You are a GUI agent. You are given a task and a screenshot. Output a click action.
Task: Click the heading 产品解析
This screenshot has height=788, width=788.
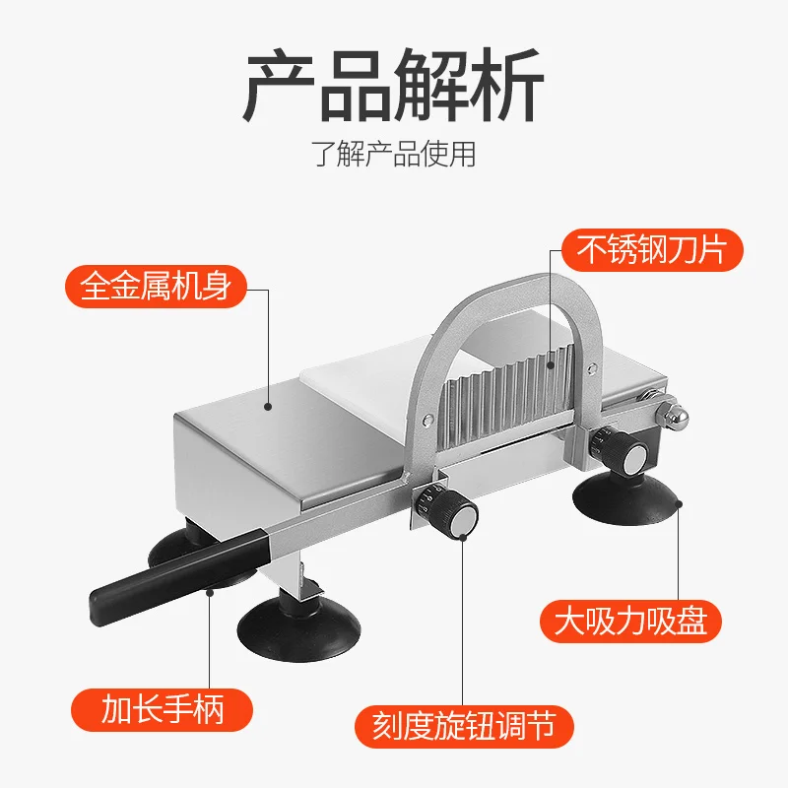(x=394, y=88)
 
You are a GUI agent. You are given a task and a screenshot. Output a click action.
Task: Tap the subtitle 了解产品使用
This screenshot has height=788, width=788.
(x=394, y=155)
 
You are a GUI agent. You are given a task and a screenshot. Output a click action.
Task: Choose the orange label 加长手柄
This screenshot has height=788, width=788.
(x=164, y=708)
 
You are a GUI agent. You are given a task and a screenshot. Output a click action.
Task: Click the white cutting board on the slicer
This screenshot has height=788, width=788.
(x=360, y=394)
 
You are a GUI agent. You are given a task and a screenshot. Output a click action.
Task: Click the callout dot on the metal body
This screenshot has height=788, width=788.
(x=268, y=403)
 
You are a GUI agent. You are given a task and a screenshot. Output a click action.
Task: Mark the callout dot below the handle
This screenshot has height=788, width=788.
(x=210, y=592)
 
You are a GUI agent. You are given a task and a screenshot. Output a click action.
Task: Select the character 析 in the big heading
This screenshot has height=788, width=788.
(x=508, y=88)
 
